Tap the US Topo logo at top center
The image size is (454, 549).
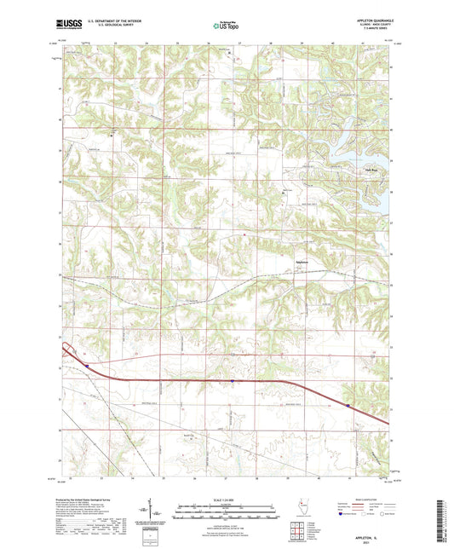227,26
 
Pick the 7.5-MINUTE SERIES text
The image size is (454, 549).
376,32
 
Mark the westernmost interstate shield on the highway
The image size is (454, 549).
86,366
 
